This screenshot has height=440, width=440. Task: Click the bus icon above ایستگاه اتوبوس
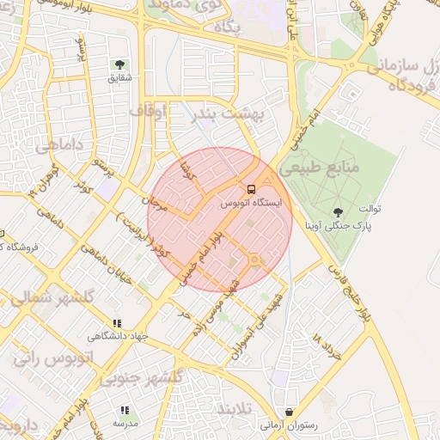(x=251, y=189)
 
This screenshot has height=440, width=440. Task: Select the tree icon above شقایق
(x=119, y=64)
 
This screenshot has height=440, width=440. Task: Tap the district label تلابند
(x=237, y=407)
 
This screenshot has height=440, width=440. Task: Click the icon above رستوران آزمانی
(x=289, y=412)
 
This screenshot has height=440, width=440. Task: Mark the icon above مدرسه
(x=125, y=411)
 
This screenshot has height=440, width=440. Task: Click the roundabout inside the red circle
(x=254, y=260)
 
